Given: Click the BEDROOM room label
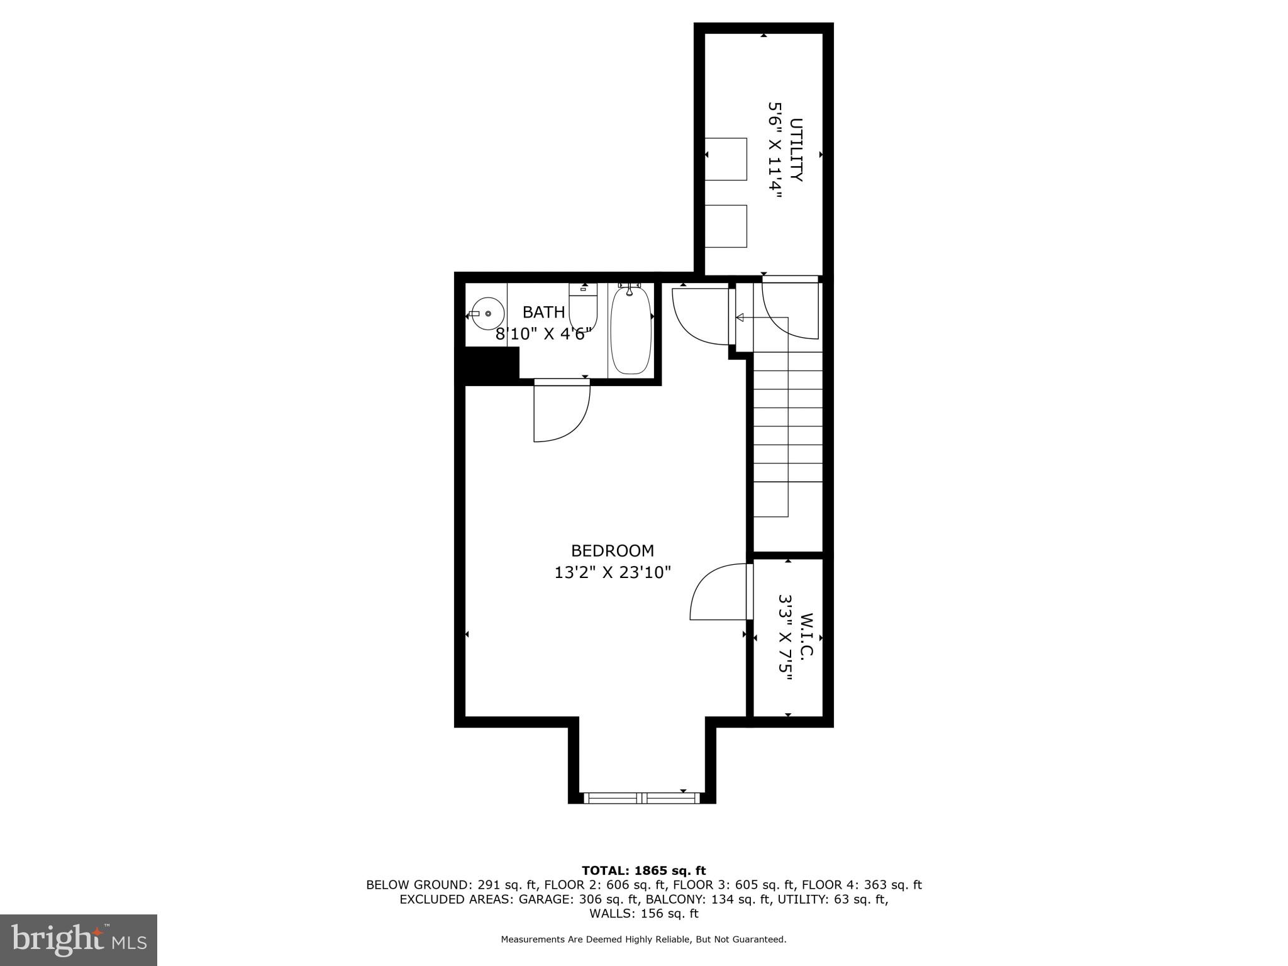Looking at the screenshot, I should (612, 550).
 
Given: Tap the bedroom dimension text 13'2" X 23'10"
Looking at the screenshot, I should (612, 573).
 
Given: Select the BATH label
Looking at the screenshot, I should (543, 312).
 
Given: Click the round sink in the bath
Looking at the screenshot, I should (487, 314).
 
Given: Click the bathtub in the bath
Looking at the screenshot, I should (630, 331).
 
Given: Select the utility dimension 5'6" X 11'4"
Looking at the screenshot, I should (774, 150).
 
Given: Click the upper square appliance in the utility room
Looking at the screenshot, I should (726, 159).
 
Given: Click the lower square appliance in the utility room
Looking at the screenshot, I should (726, 226).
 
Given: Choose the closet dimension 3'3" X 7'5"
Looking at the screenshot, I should (785, 637).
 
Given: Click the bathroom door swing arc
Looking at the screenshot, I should (562, 412).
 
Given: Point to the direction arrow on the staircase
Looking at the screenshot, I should (740, 318).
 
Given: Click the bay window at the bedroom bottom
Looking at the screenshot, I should (641, 797).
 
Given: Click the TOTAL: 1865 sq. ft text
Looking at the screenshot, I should (643, 870).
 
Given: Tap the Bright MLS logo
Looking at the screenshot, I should (78, 940).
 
